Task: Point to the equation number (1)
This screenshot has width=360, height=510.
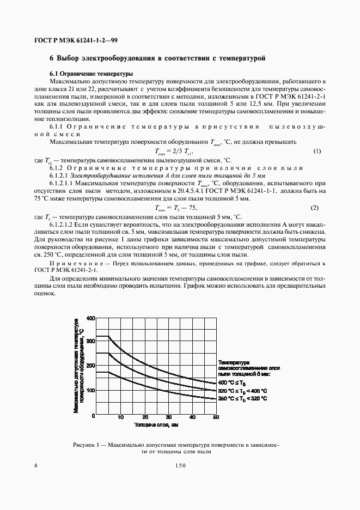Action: click(316, 151)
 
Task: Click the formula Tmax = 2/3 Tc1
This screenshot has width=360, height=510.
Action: click(174, 151)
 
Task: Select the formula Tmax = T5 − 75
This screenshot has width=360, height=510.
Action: click(175, 208)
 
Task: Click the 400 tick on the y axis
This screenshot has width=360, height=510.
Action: click(90, 318)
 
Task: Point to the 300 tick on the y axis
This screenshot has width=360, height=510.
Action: click(90, 341)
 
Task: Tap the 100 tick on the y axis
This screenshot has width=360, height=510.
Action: click(90, 390)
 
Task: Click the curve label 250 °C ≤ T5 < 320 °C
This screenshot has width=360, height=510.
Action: click(242, 398)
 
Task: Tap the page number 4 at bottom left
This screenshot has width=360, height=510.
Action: click(36, 465)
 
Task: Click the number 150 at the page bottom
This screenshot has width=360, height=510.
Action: click(180, 465)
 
